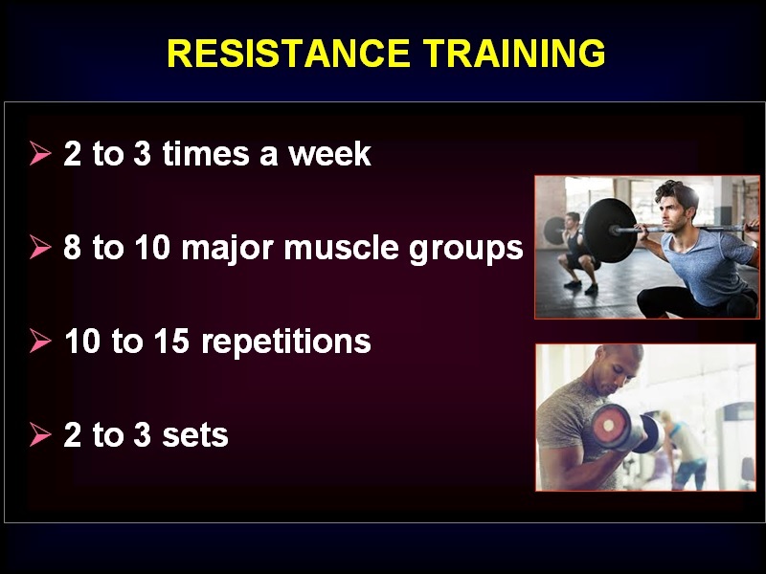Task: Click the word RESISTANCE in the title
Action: point(288,53)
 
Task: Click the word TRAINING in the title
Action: point(514,53)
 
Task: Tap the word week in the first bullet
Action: point(329,154)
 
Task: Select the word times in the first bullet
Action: point(206,154)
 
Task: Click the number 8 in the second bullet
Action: point(73,248)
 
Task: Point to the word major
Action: point(228,249)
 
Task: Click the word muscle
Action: point(342,248)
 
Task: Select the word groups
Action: point(466,250)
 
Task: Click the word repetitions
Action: point(286,342)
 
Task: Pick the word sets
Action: point(195,435)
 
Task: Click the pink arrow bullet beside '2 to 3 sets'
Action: point(39,434)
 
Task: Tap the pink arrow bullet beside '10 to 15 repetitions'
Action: point(39,341)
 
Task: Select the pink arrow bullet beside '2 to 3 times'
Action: point(39,153)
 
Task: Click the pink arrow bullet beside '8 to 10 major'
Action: point(39,247)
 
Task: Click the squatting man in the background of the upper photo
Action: point(576,253)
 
